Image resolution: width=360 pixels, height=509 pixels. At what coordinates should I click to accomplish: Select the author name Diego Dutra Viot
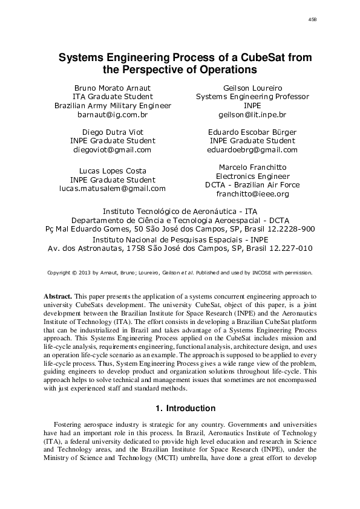pyautogui.click(x=113, y=132)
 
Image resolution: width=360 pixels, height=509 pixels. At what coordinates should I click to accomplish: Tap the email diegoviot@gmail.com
pyautogui.click(x=113, y=149)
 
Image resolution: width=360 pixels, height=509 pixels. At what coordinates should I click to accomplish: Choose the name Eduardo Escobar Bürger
pyautogui.click(x=252, y=132)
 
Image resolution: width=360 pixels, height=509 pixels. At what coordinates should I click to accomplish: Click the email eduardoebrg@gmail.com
pyautogui.click(x=252, y=149)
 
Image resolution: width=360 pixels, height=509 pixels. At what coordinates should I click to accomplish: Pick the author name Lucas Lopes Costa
pyautogui.click(x=113, y=170)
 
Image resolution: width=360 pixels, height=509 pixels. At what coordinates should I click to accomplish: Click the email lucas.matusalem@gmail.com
pyautogui.click(x=113, y=188)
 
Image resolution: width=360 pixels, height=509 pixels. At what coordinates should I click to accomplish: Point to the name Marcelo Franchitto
pyautogui.click(x=252, y=167)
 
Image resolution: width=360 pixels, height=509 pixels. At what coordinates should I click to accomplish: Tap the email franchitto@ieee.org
pyautogui.click(x=252, y=194)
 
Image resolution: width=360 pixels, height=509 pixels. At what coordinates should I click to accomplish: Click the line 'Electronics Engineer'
pyautogui.click(x=252, y=176)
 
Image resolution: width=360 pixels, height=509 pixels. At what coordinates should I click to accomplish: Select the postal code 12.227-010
pyautogui.click(x=289, y=248)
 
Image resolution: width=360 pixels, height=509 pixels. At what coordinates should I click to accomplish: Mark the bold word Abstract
pyautogui.click(x=58, y=297)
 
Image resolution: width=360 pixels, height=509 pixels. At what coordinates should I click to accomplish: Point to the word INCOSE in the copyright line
pyautogui.click(x=270, y=273)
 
